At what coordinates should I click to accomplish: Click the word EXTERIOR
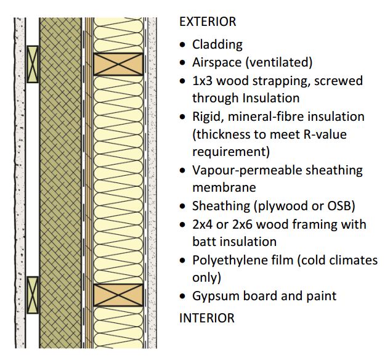207,22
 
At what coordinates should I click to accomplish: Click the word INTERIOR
206,319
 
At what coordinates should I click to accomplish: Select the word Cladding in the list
217,44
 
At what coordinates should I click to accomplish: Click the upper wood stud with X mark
118,64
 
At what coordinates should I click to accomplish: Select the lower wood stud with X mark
118,295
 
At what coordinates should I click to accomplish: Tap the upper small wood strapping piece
33,63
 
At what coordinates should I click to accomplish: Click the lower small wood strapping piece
33,295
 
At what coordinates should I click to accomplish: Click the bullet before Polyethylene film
182,261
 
